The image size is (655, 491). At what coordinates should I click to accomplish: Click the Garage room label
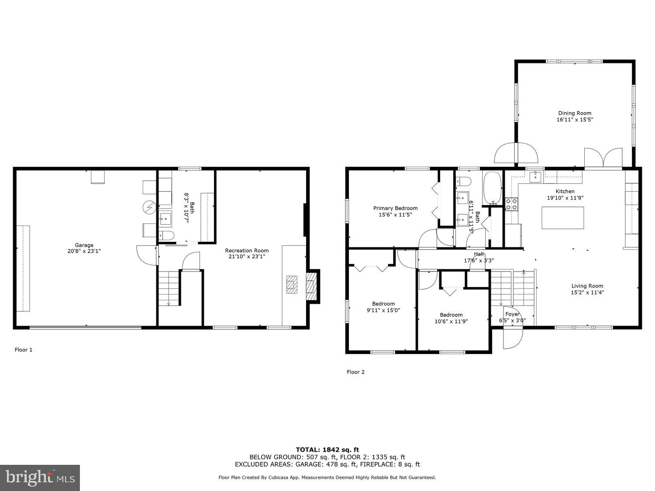click(x=84, y=245)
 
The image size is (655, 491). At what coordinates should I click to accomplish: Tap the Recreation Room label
click(x=247, y=251)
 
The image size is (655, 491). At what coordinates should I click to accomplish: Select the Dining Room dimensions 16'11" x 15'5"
click(x=575, y=120)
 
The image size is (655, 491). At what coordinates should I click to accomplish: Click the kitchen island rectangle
click(x=562, y=218)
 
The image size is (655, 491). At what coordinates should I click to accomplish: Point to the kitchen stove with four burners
click(x=511, y=204)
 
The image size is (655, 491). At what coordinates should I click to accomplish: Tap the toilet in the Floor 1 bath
click(x=166, y=236)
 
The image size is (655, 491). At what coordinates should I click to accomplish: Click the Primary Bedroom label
click(x=395, y=208)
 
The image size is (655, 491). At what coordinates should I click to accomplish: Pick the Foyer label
click(x=512, y=314)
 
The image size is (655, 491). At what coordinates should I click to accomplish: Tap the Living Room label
click(x=587, y=286)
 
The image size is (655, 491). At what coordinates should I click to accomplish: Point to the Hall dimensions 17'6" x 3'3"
click(x=479, y=261)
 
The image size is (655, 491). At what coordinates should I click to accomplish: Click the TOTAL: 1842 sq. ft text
click(x=327, y=450)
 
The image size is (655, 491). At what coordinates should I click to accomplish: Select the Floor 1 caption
click(x=24, y=350)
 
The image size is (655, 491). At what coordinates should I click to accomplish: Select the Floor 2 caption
click(x=355, y=372)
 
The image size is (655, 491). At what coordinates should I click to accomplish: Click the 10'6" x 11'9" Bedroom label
click(x=451, y=315)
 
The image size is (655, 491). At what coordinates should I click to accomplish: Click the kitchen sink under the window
click(x=535, y=176)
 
